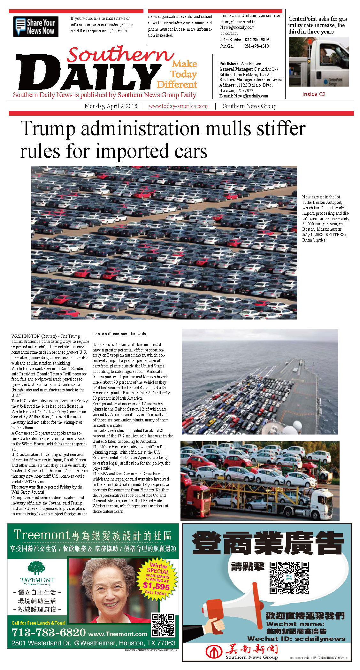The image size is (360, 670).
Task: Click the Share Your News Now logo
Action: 35,27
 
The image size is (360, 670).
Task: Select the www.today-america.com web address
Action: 178,106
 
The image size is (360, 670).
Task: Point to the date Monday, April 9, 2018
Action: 111,106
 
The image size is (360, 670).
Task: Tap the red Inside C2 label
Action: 314,94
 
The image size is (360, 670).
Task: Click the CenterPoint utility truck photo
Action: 318,62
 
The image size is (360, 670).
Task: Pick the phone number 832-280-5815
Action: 257,40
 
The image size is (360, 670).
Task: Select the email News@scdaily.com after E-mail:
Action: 251,96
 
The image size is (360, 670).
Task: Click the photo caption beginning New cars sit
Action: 326,219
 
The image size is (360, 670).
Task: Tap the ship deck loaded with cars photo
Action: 259,381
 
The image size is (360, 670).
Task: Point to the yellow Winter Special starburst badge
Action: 157,576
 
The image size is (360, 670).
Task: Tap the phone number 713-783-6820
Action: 49,632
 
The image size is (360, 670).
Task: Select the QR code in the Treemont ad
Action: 163,625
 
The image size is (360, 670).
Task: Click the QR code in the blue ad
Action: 289,578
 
